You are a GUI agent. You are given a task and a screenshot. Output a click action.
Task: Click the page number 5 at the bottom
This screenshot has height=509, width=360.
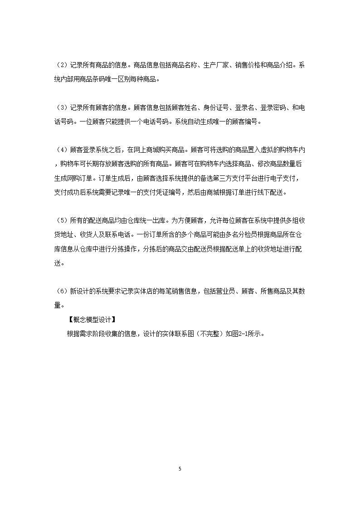pos(180,468)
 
